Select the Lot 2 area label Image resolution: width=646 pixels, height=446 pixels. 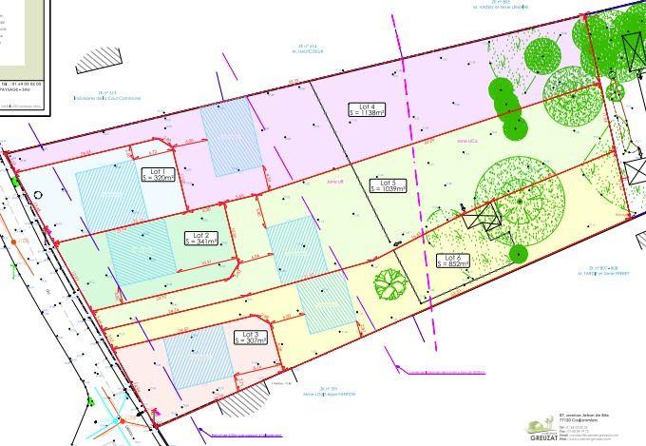pyautogui.click(x=201, y=238)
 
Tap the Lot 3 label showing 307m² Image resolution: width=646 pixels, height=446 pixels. pyautogui.click(x=251, y=339)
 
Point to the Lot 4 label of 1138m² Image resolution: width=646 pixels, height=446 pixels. pyautogui.click(x=368, y=110)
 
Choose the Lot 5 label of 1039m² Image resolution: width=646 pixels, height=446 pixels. pyautogui.click(x=387, y=185)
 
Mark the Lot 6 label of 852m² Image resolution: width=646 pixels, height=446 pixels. pyautogui.click(x=452, y=261)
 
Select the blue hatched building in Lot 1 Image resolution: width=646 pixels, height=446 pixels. pyautogui.click(x=106, y=195)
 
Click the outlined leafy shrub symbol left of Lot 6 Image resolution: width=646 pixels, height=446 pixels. pyautogui.click(x=388, y=283)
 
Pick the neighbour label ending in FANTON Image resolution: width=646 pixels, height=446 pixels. pyautogui.click(x=323, y=396)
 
